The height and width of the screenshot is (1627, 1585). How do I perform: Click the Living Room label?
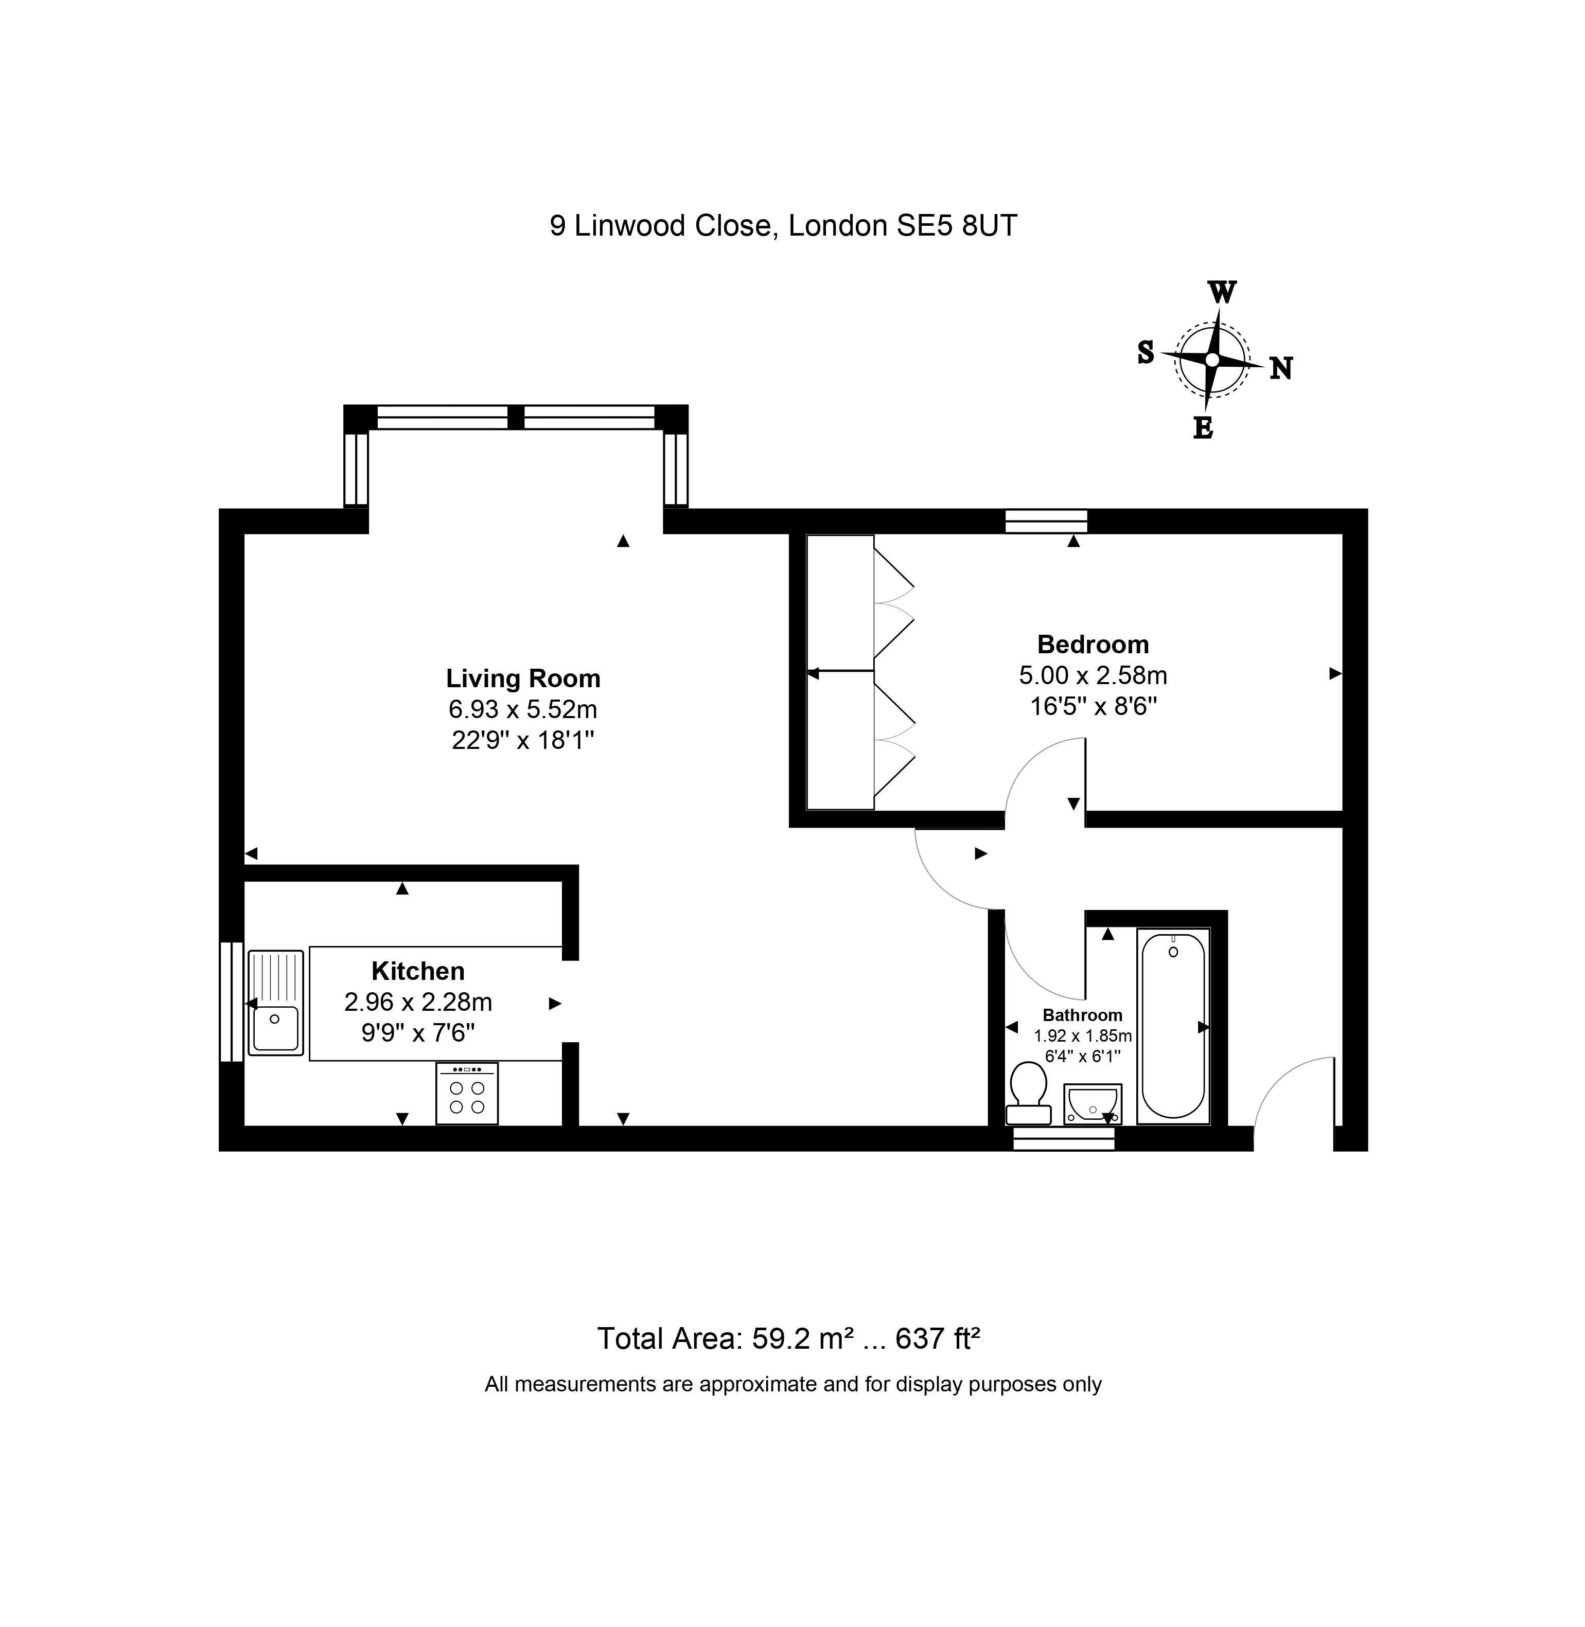pyautogui.click(x=523, y=678)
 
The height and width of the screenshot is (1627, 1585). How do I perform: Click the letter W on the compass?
pyautogui.click(x=1221, y=293)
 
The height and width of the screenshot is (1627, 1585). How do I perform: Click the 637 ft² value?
pyautogui.click(x=937, y=1338)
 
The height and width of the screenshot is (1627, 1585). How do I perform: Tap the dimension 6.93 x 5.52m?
pyautogui.click(x=523, y=709)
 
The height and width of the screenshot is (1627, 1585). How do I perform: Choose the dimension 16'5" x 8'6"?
pyautogui.click(x=1093, y=707)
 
